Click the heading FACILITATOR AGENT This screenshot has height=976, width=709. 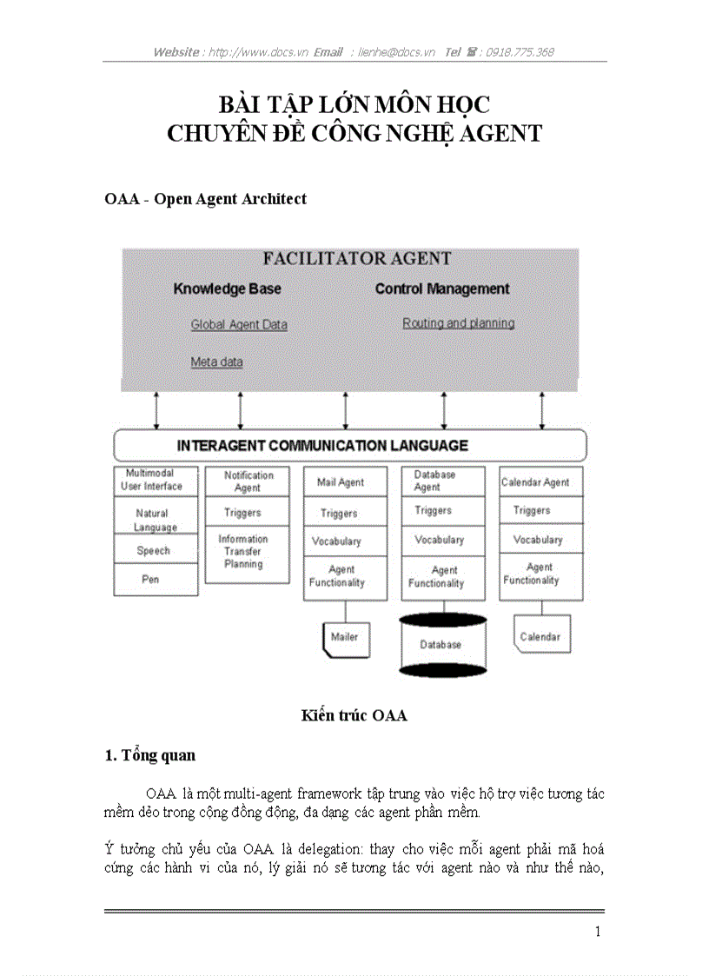[357, 259]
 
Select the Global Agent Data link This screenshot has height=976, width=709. [239, 325]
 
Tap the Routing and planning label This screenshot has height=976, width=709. [459, 323]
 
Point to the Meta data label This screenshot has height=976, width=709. [216, 362]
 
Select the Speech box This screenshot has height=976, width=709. [153, 550]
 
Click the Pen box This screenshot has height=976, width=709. [150, 579]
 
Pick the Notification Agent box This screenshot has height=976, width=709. [248, 481]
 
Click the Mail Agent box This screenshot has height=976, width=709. [340, 482]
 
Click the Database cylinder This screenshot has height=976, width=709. [441, 645]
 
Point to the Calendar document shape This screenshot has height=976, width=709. [540, 637]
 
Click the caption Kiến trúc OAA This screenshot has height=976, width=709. [354, 716]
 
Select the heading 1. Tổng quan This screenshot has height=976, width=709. [149, 756]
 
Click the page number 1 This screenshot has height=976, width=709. [598, 932]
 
